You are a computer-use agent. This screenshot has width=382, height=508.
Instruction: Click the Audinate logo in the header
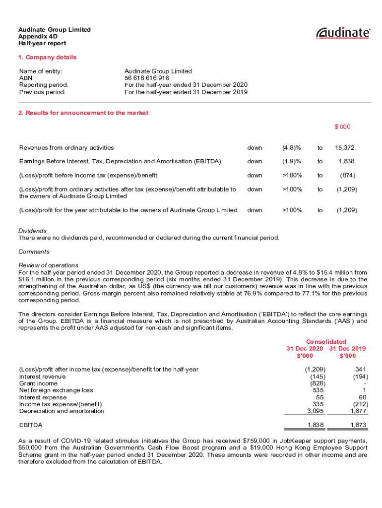pyautogui.click(x=343, y=33)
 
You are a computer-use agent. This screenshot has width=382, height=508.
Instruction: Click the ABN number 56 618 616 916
pyautogui.click(x=146, y=78)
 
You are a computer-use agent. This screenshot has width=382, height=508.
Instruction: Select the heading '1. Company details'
pyautogui.click(x=47, y=57)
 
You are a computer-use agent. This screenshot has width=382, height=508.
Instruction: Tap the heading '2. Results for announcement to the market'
pyautogui.click(x=83, y=113)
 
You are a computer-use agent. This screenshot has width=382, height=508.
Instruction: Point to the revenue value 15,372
pyautogui.click(x=344, y=147)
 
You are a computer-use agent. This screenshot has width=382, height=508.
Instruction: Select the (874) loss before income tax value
pyautogui.click(x=347, y=175)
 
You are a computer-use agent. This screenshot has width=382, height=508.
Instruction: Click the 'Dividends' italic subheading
pyautogui.click(x=32, y=231)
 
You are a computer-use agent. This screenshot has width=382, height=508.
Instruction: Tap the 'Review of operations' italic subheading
pyautogui.click(x=48, y=265)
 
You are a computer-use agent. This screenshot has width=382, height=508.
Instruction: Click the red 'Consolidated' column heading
pyautogui.click(x=326, y=341)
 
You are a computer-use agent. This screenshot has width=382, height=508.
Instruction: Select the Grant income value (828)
pyautogui.click(x=318, y=383)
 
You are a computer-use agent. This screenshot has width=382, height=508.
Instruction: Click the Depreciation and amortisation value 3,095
pyautogui.click(x=316, y=411)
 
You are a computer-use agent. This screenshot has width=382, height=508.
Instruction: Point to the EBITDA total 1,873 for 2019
pyautogui.click(x=358, y=425)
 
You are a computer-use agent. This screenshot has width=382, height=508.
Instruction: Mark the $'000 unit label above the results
pyautogui.click(x=342, y=127)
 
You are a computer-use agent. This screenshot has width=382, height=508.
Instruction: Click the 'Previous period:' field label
pyautogui.click(x=43, y=92)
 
